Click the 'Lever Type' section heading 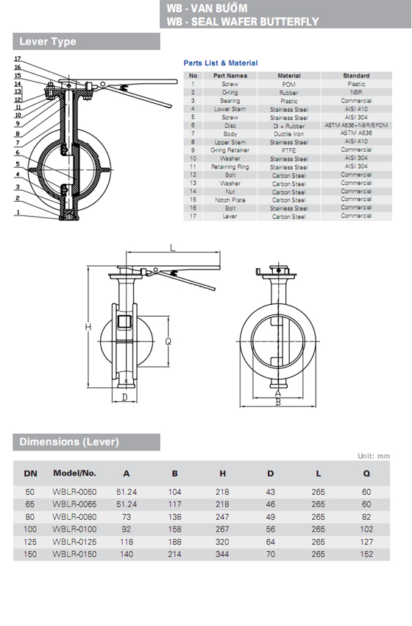[48, 42]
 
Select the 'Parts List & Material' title [221, 63]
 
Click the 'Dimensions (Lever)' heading [68, 442]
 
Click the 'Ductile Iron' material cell [288, 134]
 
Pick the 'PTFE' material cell [288, 150]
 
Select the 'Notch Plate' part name [230, 200]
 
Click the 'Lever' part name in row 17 [230, 217]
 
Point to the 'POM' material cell [288, 85]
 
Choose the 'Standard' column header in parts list [356, 76]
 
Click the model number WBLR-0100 [74, 528]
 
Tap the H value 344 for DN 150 [221, 553]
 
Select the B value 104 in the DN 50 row [174, 490]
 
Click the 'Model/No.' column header [74, 472]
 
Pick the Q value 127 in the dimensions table [366, 541]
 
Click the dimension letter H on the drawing [87, 326]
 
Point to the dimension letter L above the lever [172, 249]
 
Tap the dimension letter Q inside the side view [168, 341]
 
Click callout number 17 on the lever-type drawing [17, 58]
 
